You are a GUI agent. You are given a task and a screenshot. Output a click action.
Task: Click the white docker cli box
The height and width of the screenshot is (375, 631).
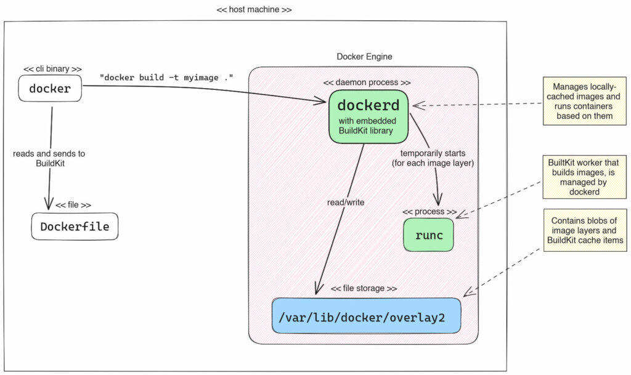coord(51,89)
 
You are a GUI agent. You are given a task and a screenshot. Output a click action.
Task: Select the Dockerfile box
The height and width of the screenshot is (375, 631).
coord(75,227)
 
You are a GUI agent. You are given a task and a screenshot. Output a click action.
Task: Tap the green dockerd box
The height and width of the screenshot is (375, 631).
coord(368,116)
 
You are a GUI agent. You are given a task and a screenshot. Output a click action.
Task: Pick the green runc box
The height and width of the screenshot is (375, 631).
coord(428,235)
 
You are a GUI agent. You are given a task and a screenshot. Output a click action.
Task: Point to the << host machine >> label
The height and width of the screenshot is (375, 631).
coord(254,10)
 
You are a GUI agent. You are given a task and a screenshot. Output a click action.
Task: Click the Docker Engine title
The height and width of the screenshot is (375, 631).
coord(364,57)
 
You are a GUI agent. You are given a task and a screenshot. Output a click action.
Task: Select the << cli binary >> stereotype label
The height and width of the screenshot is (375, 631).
coord(52,69)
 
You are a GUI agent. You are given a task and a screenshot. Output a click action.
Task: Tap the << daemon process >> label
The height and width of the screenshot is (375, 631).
coord(367,82)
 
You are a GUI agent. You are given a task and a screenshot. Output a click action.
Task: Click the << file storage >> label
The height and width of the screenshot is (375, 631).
coord(364,288)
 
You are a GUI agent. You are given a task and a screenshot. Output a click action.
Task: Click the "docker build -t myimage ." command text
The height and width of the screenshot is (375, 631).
coord(166,77)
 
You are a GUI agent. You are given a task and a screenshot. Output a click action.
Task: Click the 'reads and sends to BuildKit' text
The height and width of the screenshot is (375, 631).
coord(49,158)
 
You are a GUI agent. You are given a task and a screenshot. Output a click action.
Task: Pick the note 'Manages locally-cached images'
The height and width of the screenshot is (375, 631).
coord(579,101)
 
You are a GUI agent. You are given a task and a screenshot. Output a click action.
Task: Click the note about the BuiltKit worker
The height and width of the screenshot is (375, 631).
coord(579,176)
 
